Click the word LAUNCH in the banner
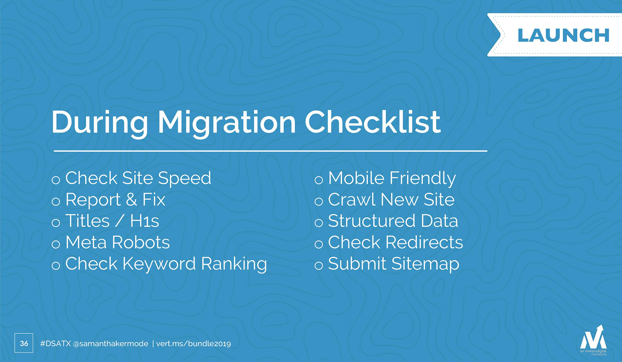point(563,35)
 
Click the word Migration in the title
point(226,123)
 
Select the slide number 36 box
point(24,343)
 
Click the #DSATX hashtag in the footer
point(55,344)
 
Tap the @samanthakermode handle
point(111,344)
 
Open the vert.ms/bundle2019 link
point(193,344)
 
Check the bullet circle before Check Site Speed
point(56,180)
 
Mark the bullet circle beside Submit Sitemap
point(319,266)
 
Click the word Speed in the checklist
point(184,179)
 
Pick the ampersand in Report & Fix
point(131,199)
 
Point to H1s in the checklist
point(144,221)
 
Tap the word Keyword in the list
point(159,264)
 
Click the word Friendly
point(422,179)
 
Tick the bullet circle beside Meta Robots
point(56,244)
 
